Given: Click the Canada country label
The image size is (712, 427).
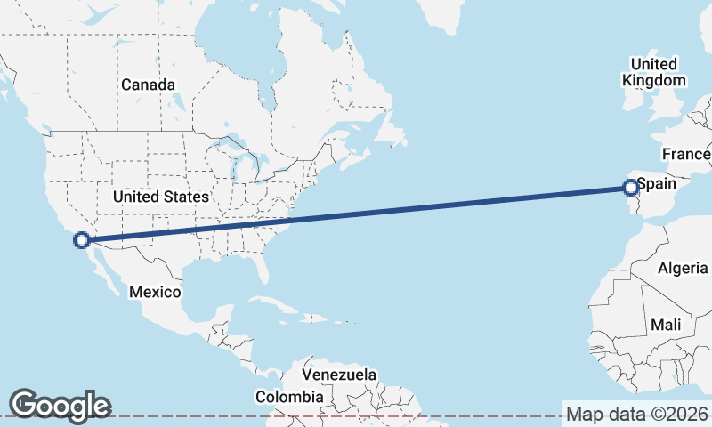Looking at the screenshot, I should (148, 85).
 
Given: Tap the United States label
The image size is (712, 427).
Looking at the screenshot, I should (161, 197).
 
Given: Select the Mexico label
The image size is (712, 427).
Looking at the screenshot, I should (155, 292).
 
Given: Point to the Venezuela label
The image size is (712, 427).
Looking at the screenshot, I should (338, 375).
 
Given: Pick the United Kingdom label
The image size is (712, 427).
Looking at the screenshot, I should (654, 72).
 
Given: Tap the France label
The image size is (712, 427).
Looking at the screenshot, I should (686, 154).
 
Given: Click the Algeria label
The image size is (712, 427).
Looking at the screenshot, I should (683, 268).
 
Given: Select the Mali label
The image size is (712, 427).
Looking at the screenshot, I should (666, 326).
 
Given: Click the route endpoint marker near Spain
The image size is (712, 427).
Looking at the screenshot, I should (630, 187).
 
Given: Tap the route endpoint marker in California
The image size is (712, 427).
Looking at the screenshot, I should (82, 239).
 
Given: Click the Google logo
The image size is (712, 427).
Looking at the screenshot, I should (60, 405).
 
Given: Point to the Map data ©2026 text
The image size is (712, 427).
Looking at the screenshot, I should (637, 414).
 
